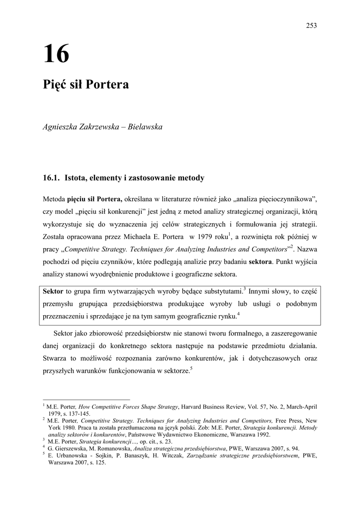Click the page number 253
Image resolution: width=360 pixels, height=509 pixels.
(x=312, y=26)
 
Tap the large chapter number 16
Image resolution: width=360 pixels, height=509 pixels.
(x=56, y=55)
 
